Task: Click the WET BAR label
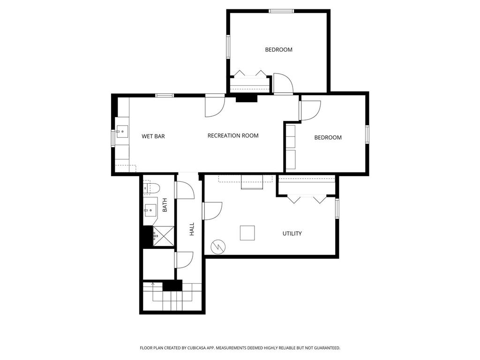pos(153,136)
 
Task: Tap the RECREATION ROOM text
pos(233,135)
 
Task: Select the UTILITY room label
pos(292,233)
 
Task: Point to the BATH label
pos(165,205)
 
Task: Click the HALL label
pos(192,229)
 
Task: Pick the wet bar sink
pos(122,131)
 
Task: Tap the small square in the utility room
pos(247,232)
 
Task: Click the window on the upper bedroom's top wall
pos(281,11)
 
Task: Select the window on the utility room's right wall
pos(337,208)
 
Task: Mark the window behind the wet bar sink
pos(113,138)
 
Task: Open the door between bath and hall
pos(184,189)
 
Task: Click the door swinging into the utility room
pos(212,210)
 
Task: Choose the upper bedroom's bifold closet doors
pos(250,73)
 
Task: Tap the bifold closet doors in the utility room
pos(307,199)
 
